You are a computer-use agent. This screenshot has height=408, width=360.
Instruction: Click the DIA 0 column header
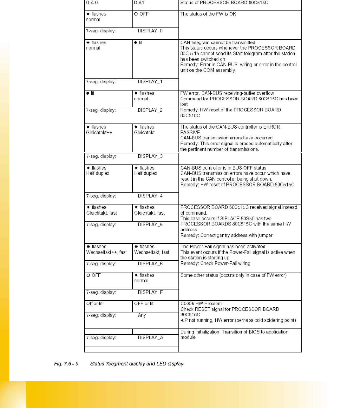[92, 3]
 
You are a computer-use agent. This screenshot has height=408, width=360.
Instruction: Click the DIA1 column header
[139, 3]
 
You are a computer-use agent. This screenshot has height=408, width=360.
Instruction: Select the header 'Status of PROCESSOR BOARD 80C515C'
[224, 3]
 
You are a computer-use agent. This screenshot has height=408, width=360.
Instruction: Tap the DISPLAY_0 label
[150, 31]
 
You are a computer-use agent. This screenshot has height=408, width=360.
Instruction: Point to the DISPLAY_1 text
[150, 82]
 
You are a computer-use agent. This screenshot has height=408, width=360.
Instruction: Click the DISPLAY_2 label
[150, 110]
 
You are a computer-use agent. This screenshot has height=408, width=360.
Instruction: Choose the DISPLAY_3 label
[150, 156]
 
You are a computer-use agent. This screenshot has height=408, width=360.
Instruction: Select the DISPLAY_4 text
[150, 196]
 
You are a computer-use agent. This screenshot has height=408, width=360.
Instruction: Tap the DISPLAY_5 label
[150, 224]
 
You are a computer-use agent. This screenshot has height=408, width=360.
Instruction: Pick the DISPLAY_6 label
[150, 264]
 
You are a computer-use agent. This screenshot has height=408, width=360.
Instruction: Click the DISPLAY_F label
[150, 292]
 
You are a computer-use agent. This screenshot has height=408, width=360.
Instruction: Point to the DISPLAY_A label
[150, 338]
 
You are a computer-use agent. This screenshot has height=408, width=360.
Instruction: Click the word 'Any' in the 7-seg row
[142, 315]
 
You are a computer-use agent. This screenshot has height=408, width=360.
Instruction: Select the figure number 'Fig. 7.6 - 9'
[66, 364]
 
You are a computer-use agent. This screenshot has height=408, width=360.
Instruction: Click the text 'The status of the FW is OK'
[208, 14]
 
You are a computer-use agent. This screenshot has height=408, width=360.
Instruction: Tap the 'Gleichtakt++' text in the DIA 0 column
[99, 132]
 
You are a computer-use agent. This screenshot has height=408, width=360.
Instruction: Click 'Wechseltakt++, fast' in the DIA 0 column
[106, 252]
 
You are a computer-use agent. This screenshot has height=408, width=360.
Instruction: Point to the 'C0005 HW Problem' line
[201, 304]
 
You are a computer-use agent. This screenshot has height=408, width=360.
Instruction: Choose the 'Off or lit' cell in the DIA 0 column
[95, 304]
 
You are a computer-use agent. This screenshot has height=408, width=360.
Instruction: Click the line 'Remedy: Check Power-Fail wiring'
[215, 263]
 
